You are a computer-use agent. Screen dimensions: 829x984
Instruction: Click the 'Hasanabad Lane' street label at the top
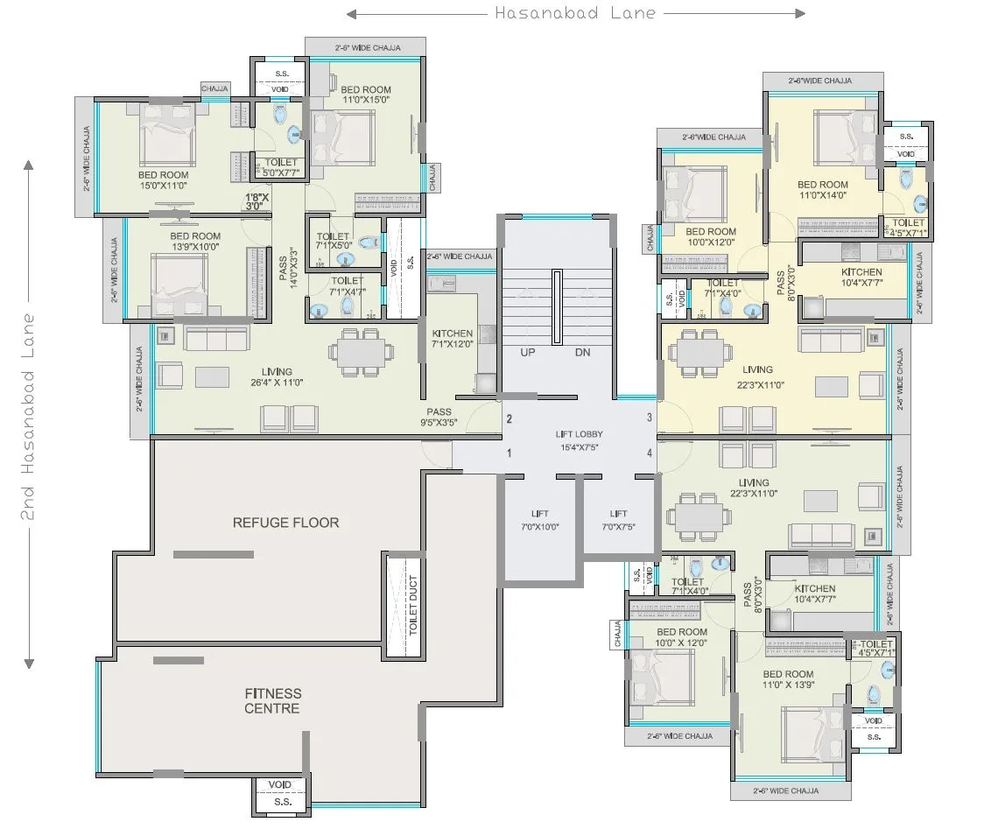click(575, 13)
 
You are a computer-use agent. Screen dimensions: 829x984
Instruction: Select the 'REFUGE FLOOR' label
click(285, 523)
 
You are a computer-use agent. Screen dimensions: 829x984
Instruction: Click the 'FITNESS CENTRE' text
click(272, 700)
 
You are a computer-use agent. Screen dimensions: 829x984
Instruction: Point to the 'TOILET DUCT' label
click(412, 605)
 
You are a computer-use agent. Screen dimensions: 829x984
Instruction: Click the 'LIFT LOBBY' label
click(579, 441)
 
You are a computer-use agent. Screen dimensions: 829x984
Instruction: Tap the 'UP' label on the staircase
click(528, 352)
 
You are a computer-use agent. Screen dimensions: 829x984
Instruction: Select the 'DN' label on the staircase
click(583, 352)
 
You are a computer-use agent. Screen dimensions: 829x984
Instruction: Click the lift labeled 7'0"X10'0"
click(539, 520)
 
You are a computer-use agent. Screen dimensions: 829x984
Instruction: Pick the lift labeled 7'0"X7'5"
click(618, 520)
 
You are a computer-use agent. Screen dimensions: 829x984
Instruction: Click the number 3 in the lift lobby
click(649, 418)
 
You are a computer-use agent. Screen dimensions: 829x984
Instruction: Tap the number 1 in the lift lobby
click(509, 453)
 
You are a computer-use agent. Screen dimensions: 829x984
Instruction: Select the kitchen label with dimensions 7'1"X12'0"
click(452, 339)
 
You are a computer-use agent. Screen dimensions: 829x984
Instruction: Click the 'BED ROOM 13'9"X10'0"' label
click(194, 242)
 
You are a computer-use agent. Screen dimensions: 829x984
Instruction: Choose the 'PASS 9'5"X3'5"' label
click(439, 418)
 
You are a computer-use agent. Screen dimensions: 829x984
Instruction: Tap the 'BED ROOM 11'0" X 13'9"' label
click(787, 680)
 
